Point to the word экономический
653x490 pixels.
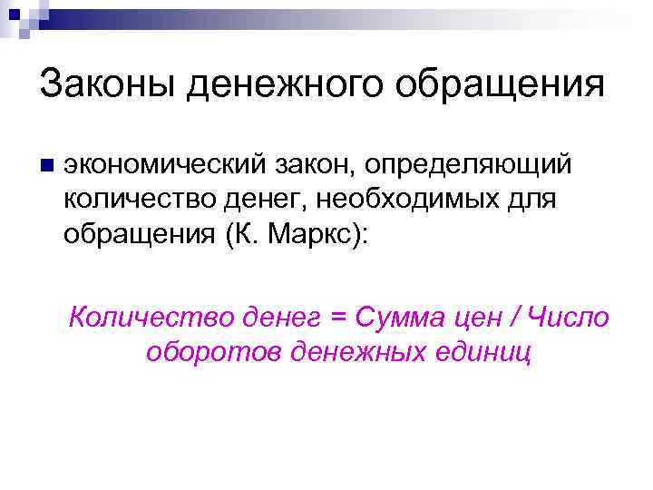click(x=162, y=166)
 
